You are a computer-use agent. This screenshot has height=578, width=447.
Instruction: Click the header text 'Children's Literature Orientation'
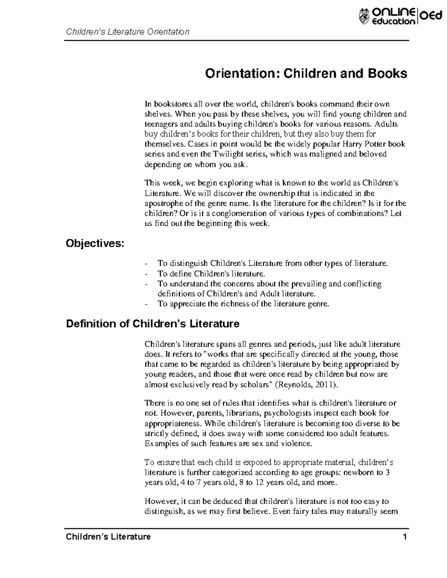click(x=128, y=32)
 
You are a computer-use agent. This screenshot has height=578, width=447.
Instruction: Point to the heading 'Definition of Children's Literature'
click(x=152, y=324)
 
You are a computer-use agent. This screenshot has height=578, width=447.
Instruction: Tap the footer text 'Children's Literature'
click(x=108, y=537)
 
